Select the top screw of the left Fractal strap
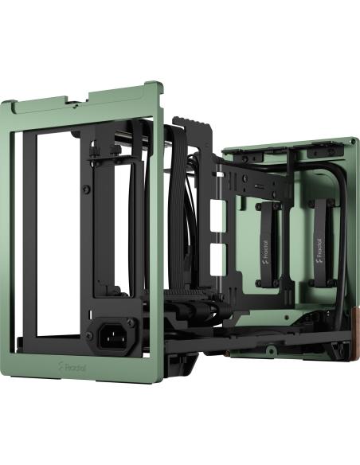[x=265, y=205]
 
